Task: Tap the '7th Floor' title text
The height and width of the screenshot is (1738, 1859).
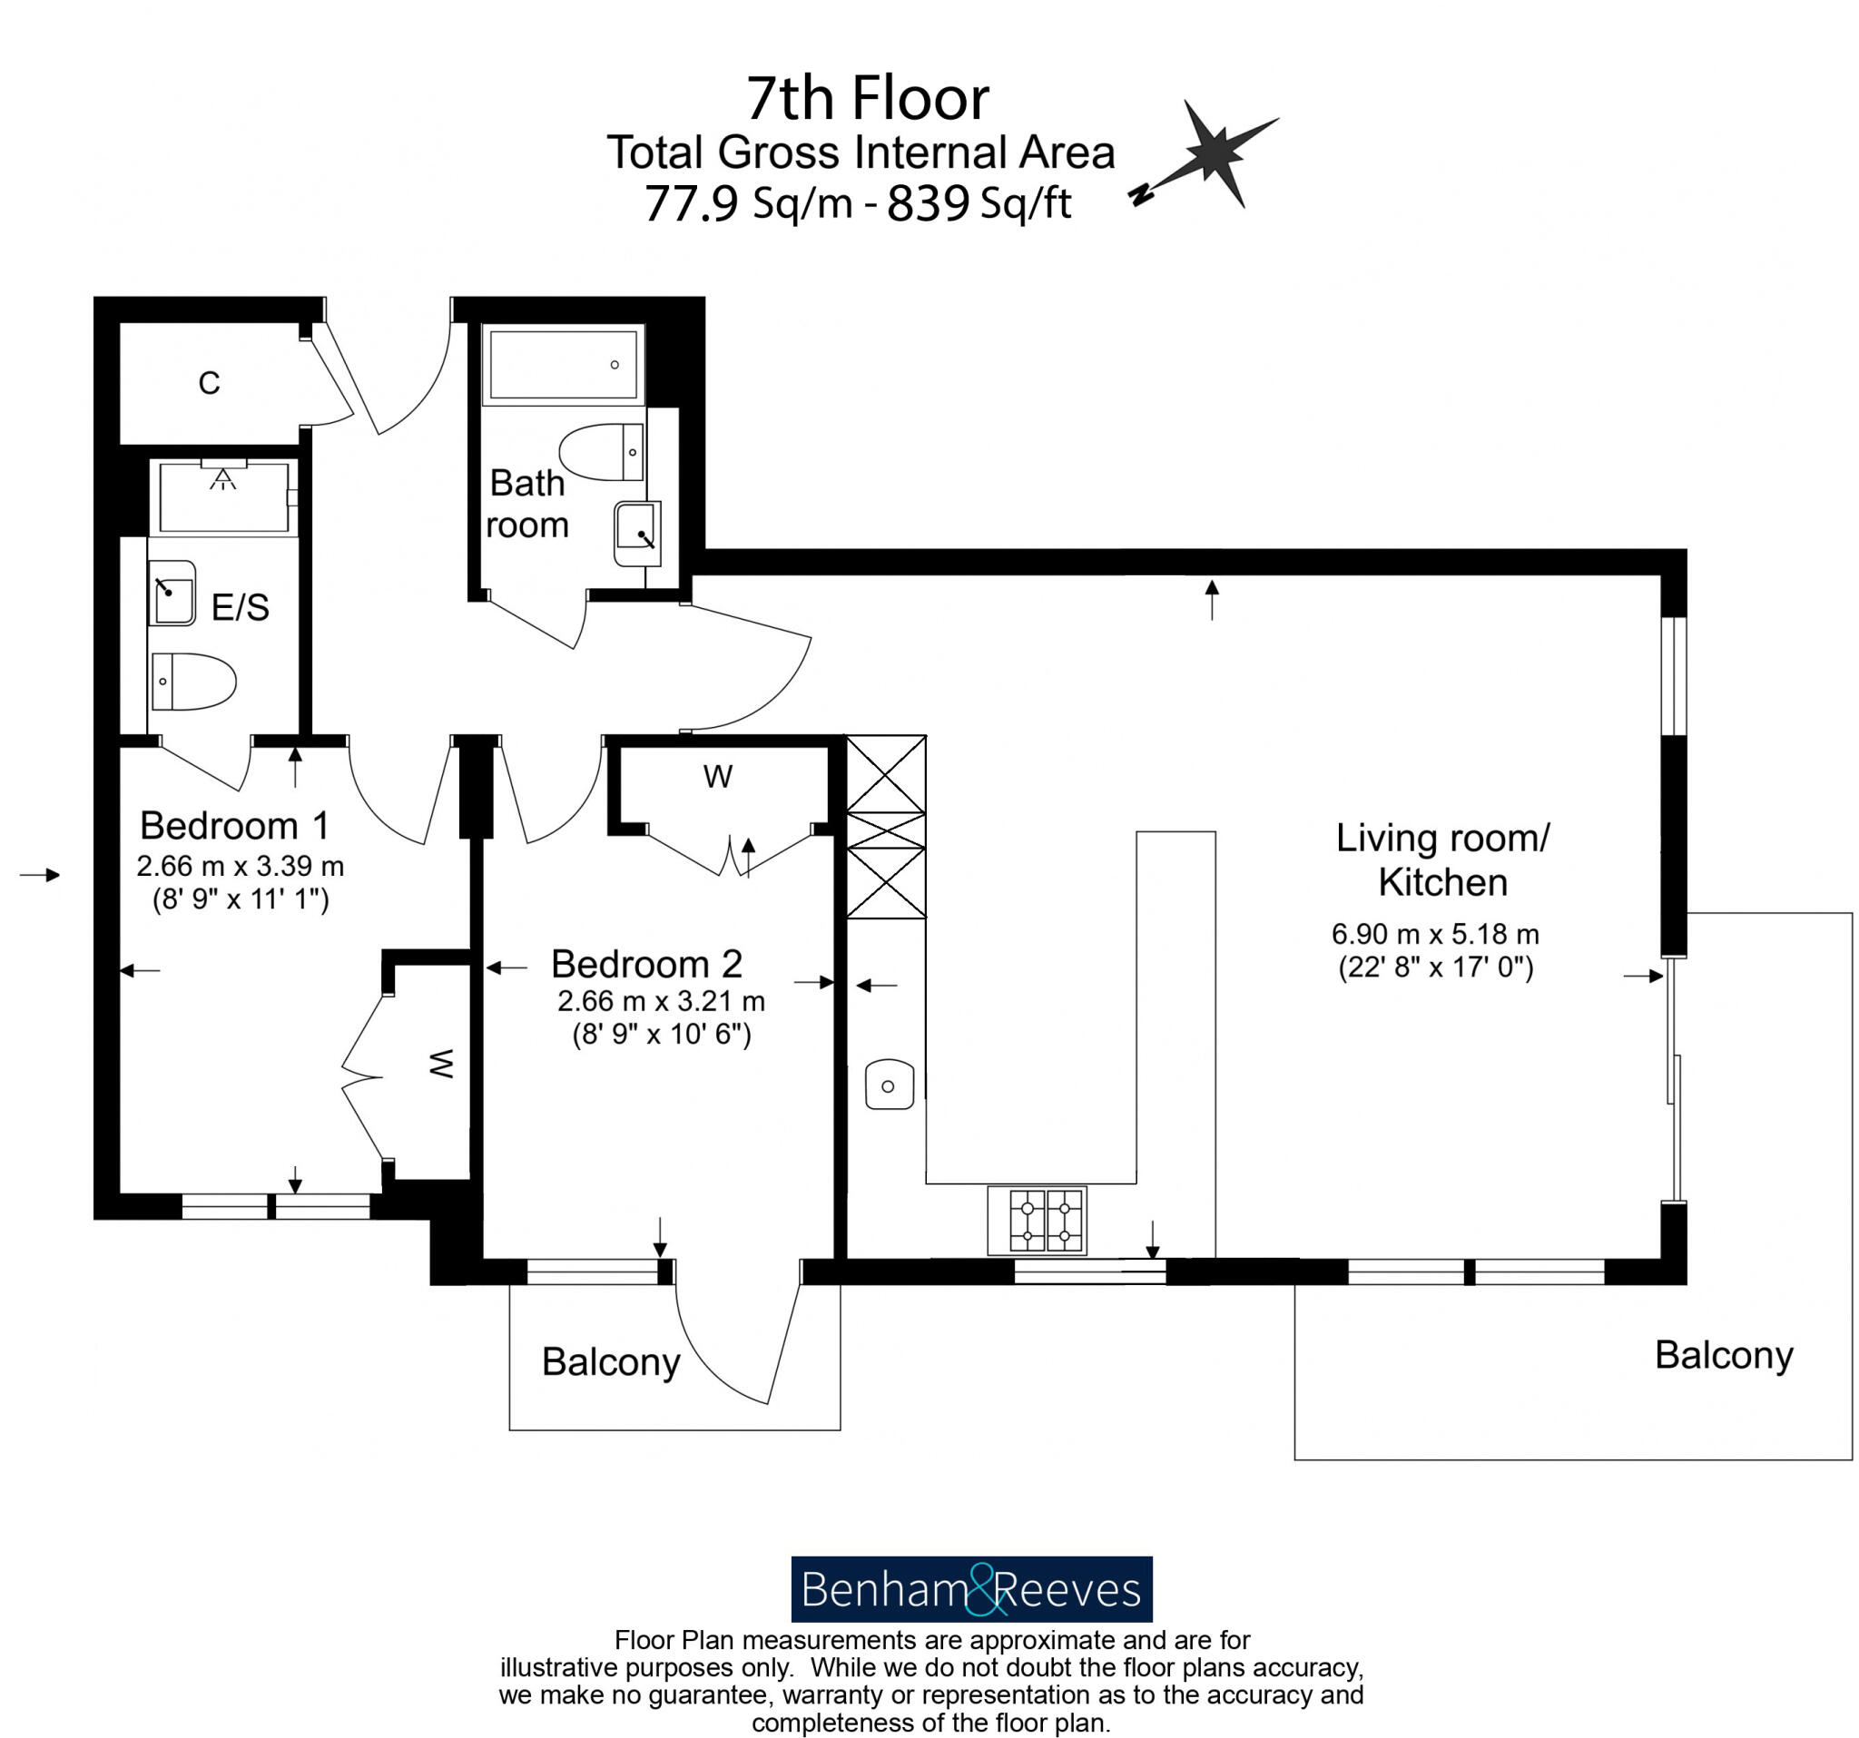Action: coord(867,98)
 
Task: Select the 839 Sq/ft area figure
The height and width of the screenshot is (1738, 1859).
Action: coord(978,203)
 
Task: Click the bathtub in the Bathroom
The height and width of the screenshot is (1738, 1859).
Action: coord(563,365)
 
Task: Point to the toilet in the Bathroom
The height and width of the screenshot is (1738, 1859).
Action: coord(603,453)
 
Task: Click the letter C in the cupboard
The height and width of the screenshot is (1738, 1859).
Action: coord(209,383)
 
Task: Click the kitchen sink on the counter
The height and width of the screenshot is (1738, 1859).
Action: coord(889,1085)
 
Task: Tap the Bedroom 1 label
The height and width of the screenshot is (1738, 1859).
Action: coord(234,827)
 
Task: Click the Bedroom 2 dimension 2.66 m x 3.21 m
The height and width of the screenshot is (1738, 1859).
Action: coord(661,1001)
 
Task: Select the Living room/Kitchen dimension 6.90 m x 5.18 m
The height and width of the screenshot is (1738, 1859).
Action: coord(1434,934)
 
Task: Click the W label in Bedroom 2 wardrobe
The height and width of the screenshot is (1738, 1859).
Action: coord(717,777)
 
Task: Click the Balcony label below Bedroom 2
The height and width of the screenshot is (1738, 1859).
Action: coord(611,1362)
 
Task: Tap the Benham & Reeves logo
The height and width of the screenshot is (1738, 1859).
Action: coord(971,1589)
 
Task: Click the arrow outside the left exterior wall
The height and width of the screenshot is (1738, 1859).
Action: coord(40,875)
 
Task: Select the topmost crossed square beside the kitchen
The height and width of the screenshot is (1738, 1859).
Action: coord(886,774)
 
